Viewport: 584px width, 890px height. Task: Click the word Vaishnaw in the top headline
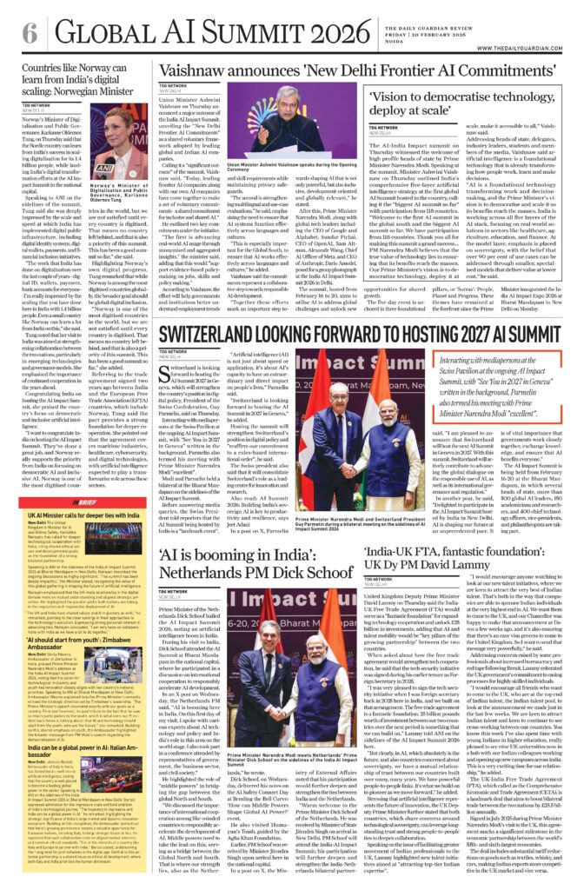(201, 73)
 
